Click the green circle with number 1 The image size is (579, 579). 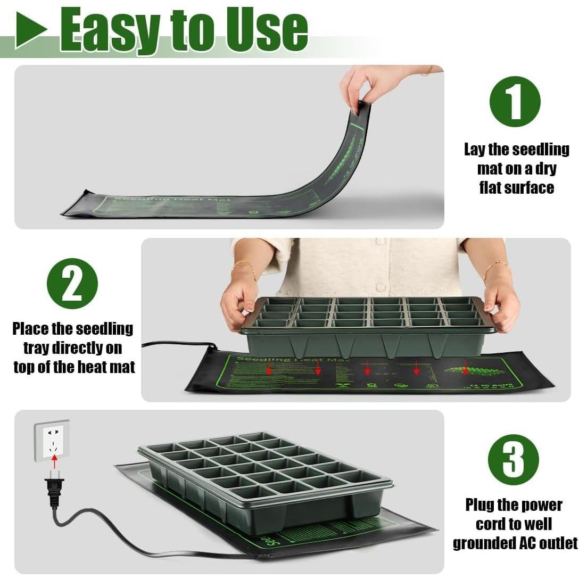515,101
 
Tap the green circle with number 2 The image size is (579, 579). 72,283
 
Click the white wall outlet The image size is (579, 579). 52,441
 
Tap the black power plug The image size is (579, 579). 54,489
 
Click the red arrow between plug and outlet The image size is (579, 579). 54,462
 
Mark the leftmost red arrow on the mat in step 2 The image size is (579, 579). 269,368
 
